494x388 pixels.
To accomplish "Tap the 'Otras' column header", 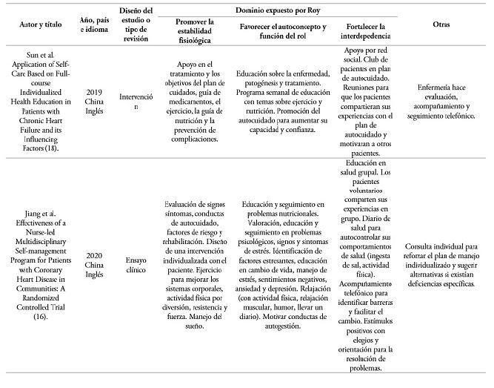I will (441, 24).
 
